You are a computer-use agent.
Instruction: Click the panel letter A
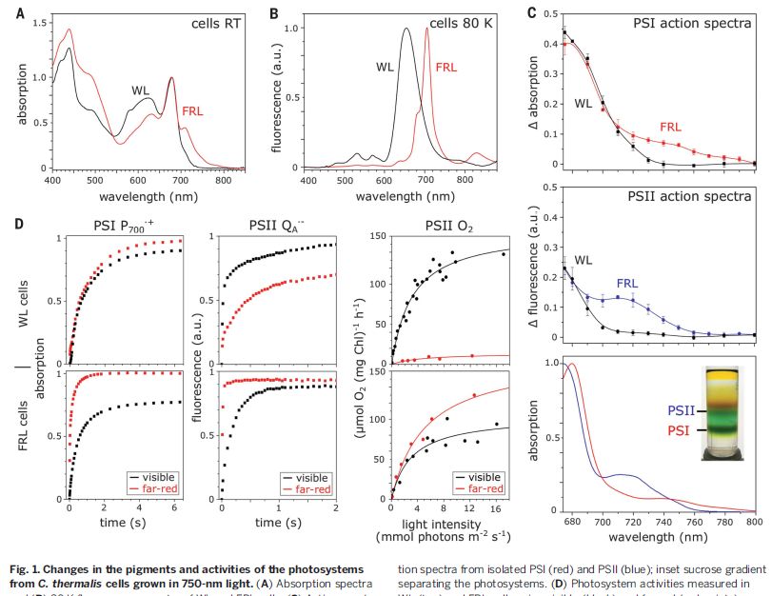[x=8, y=13]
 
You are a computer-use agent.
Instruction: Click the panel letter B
[x=274, y=13]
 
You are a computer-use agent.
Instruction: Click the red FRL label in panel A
[x=193, y=111]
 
